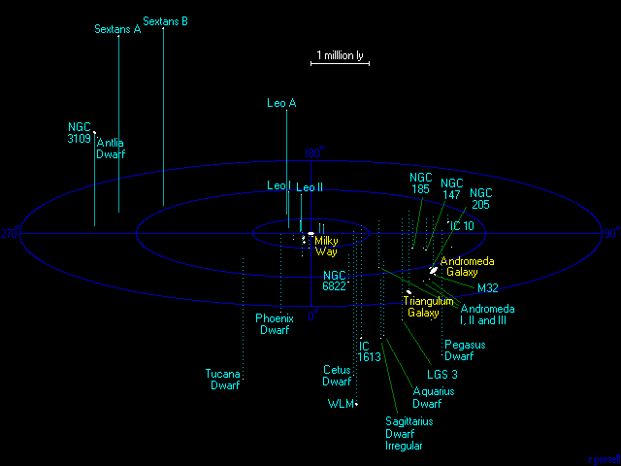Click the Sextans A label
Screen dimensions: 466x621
tap(117, 29)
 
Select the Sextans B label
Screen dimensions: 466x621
tap(165, 20)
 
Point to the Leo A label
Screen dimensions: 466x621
tap(281, 102)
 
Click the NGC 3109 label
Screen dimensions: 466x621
tap(80, 133)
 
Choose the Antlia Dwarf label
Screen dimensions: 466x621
tap(111, 149)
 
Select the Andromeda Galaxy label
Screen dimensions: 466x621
tap(468, 267)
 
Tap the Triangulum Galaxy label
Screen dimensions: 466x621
tap(429, 307)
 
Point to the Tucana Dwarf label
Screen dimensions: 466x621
tap(224, 380)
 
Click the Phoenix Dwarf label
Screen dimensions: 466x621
tap(275, 324)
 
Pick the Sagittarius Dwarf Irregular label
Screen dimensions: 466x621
tap(409, 434)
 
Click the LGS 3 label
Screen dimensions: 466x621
tap(443, 375)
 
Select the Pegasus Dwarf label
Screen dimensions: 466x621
tap(465, 350)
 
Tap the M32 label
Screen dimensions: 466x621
tap(488, 288)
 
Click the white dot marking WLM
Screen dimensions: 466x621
tap(357, 403)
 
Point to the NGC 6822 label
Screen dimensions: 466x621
tap(335, 281)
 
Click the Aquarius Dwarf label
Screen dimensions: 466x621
tap(433, 397)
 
